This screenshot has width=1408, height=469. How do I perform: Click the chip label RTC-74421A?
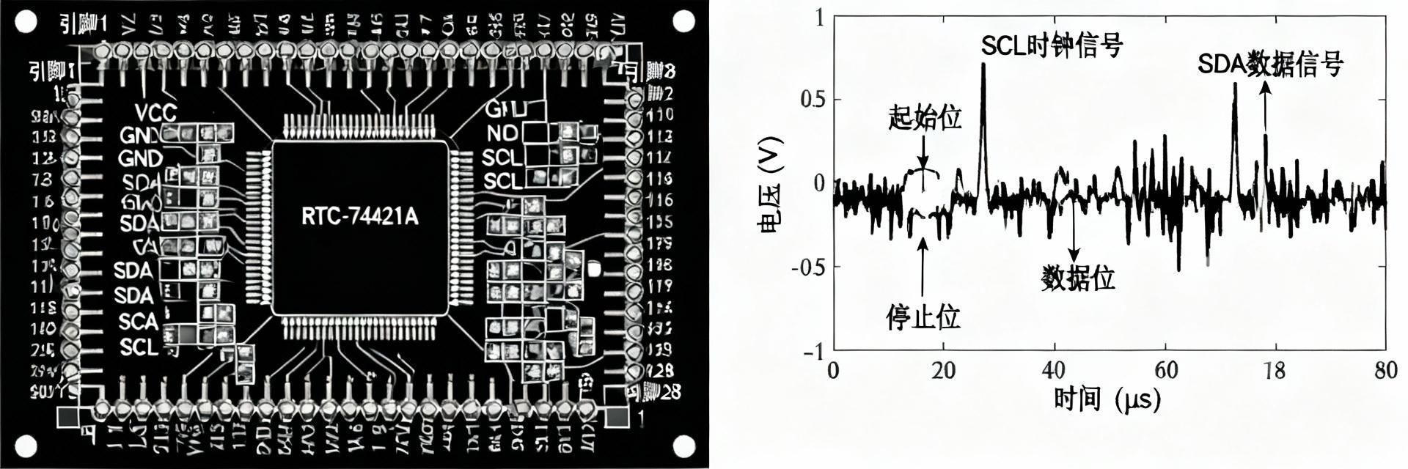coord(359,216)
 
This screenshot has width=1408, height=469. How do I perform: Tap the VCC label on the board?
coord(155,112)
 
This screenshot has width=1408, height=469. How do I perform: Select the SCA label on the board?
coord(138,321)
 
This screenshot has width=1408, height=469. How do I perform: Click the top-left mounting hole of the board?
coord(26,22)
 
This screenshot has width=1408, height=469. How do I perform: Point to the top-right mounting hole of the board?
coord(683,22)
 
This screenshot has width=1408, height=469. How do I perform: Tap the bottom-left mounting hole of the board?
coord(26,445)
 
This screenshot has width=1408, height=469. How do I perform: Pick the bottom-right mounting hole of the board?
coord(683,445)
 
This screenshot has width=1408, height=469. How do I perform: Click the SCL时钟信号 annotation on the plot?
coord(1052,46)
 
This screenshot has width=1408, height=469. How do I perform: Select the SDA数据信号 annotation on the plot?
coord(1270,64)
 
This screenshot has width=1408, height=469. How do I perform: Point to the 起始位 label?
coord(925,117)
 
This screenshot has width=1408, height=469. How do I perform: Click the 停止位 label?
coord(923,317)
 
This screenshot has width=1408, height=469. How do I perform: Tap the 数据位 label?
coord(1078,278)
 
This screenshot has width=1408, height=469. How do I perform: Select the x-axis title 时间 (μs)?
coord(1107,400)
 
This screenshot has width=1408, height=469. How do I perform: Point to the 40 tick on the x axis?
coord(1054,370)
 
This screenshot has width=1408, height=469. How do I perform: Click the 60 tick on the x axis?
coord(1165,370)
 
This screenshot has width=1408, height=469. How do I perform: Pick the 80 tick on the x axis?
coord(1385,370)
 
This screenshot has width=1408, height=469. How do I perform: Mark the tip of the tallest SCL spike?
coord(983,64)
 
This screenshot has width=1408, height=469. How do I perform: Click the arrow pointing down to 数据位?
coord(1074,234)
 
